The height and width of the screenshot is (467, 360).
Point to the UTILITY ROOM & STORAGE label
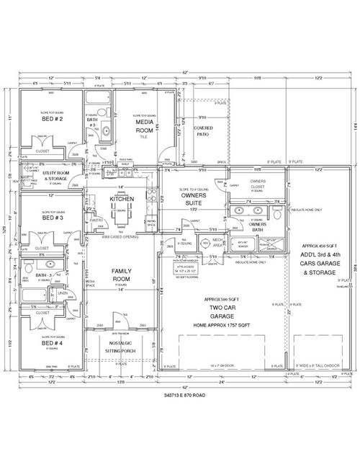tap(55, 175)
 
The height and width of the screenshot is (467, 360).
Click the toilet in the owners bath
tap(276, 212)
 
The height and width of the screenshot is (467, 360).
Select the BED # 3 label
tap(53, 217)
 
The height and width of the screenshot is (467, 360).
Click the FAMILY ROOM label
tap(121, 274)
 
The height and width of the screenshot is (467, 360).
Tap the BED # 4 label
tap(53, 344)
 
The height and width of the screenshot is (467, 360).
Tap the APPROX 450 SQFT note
tap(315, 246)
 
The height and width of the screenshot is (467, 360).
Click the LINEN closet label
tap(63, 293)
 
